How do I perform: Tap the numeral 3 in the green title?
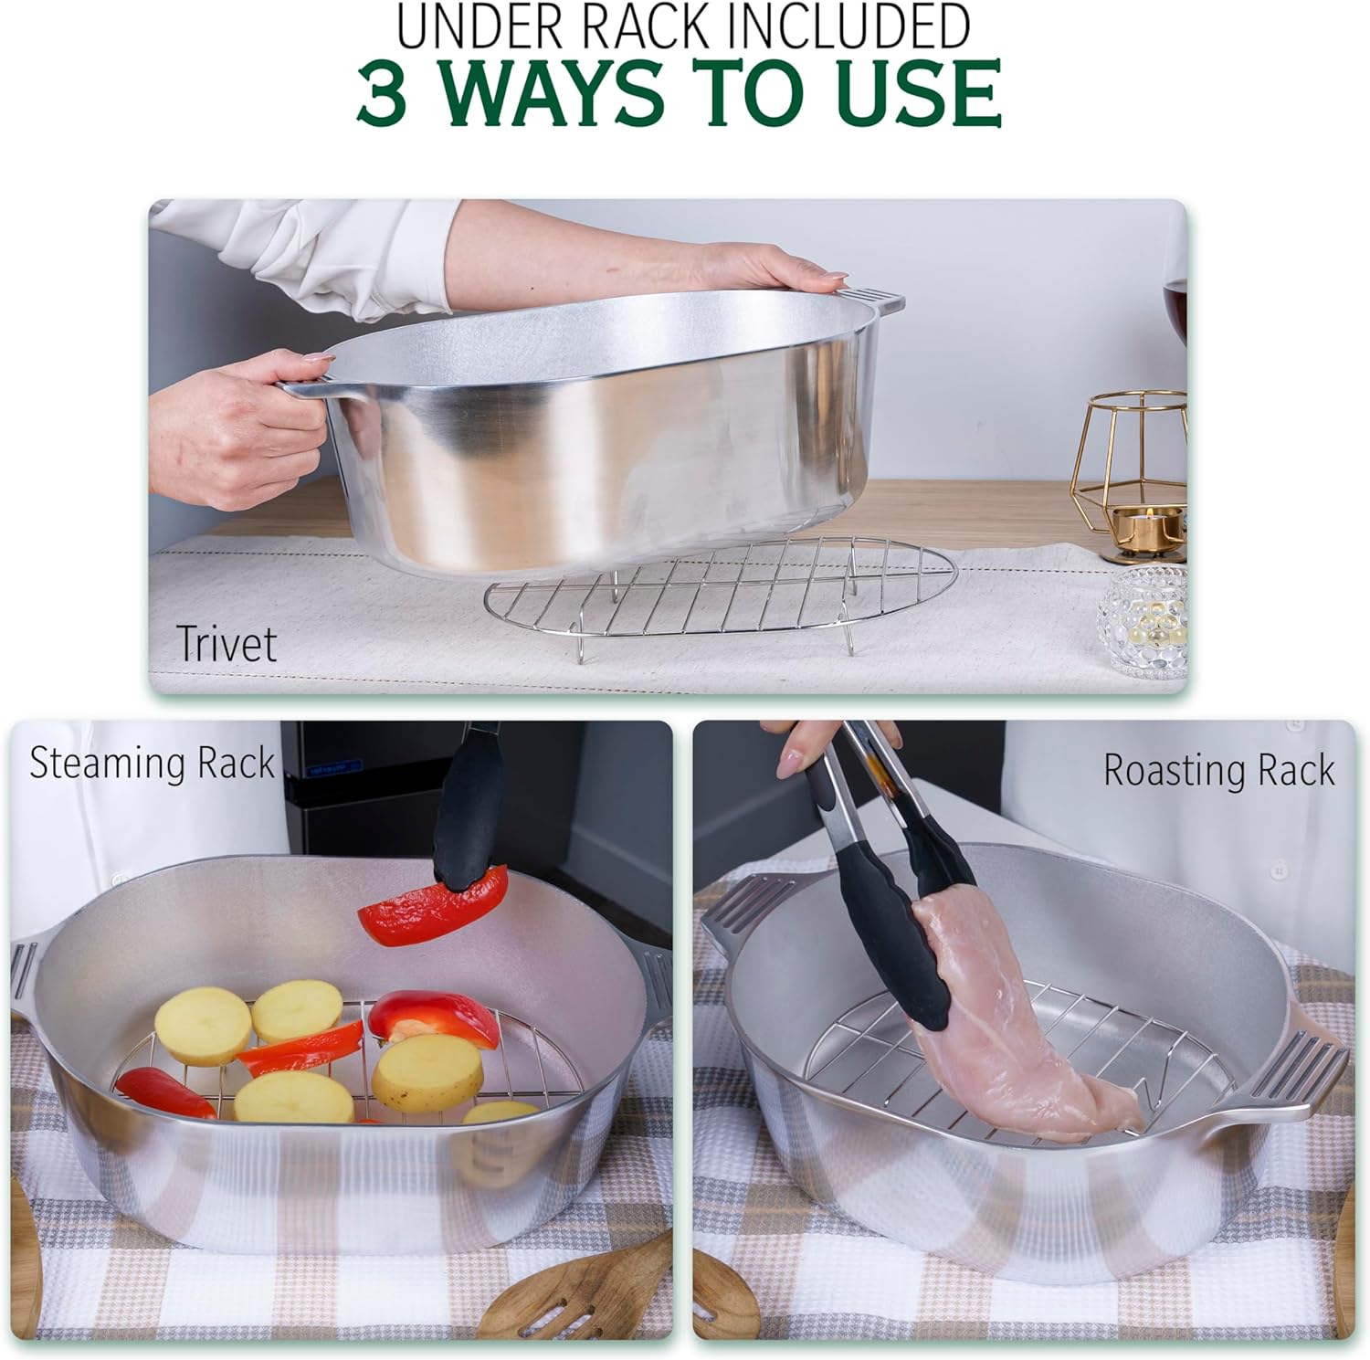[382, 92]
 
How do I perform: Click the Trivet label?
[227, 643]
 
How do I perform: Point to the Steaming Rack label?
[152, 763]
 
